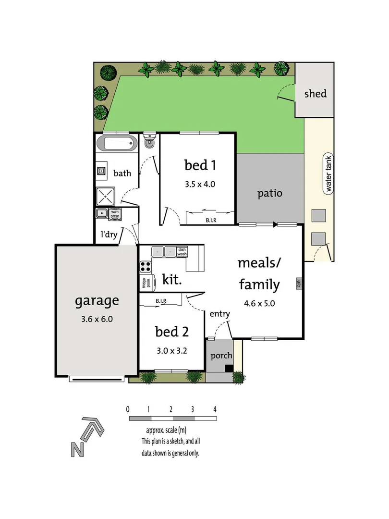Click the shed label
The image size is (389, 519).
coord(315,93)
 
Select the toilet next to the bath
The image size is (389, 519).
coord(150,141)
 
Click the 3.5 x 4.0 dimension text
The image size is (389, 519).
coord(200,184)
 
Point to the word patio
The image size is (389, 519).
coord(269,194)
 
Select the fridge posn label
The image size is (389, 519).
coord(146,283)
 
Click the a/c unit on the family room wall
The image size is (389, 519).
coord(299,284)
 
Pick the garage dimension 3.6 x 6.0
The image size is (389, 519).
coord(97,319)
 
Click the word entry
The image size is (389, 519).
coord(219,314)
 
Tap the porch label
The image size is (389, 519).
coord(221,356)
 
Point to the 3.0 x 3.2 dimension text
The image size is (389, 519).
coord(171,350)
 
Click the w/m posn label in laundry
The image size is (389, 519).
coord(115,213)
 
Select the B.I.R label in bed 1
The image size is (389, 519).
coord(210,220)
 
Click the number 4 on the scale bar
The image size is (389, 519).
coord(215,409)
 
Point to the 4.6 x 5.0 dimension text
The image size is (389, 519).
coord(259,303)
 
